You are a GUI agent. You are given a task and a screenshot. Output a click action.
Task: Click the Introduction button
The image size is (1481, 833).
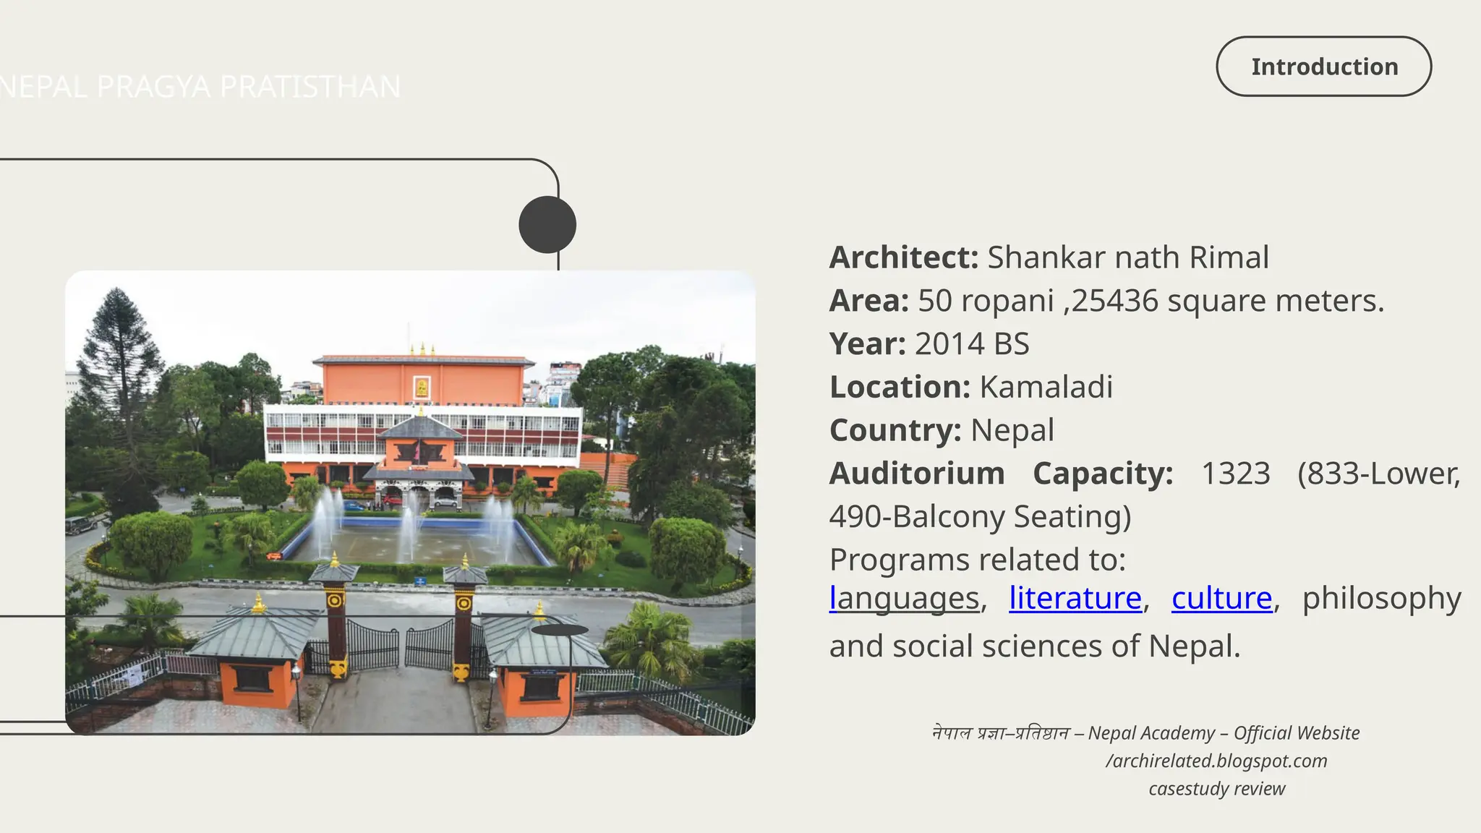tap(1323, 67)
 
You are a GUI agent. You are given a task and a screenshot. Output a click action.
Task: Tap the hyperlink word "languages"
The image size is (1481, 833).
tap(904, 599)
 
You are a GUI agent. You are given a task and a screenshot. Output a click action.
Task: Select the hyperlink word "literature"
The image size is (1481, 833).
tap(1075, 599)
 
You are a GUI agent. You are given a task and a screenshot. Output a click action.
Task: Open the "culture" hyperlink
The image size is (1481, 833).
tap(1221, 599)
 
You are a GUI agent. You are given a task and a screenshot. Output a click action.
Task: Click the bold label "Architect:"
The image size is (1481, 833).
tap(903, 257)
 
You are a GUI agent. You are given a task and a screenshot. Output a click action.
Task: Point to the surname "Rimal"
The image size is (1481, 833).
tap(1229, 257)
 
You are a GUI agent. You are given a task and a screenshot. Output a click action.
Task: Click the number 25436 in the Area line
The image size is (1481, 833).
tap(1114, 301)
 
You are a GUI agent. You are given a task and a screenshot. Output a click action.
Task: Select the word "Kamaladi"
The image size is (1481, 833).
tap(1046, 388)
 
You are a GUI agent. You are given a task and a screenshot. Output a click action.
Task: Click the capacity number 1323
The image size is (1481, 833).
tap(1235, 474)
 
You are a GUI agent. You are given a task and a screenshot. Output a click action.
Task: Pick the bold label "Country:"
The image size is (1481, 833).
tap(895, 431)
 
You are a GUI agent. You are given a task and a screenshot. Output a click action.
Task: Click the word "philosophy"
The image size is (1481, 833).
tap(1381, 599)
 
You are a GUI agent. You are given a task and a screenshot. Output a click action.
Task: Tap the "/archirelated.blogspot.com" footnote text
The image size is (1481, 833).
tap(1216, 761)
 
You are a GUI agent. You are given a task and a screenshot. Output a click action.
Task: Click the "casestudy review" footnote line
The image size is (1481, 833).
tap(1216, 789)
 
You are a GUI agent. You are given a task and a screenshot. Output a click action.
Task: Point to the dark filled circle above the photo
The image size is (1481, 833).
tap(547, 225)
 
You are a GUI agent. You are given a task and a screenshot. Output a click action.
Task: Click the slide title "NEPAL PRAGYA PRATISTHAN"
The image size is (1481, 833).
tap(200, 87)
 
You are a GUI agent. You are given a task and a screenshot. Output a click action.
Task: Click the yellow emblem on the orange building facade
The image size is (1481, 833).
tap(422, 388)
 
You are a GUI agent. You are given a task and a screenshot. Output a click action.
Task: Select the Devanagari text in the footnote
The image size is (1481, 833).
tap(1001, 733)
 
